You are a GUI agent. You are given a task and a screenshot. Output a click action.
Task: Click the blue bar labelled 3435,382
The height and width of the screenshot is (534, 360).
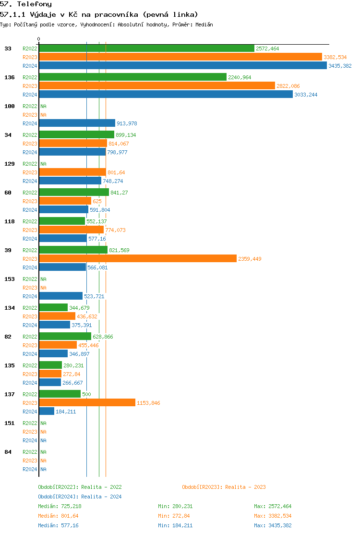tap(182, 66)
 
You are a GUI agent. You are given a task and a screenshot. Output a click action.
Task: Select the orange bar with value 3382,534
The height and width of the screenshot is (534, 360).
tap(180, 57)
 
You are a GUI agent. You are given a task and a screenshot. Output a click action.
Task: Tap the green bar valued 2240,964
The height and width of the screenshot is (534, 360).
tap(132, 77)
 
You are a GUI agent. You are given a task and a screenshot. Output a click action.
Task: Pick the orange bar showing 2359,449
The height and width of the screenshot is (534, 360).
tap(138, 259)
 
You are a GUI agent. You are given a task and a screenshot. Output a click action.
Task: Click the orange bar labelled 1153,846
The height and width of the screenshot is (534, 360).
tap(87, 403)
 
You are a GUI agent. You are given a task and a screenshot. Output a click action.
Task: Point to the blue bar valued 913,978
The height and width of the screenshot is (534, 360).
tap(77, 123)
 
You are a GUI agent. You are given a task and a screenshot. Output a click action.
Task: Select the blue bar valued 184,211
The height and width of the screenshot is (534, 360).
tap(47, 412)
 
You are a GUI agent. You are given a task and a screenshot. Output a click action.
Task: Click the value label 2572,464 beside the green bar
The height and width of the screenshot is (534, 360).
tap(267, 49)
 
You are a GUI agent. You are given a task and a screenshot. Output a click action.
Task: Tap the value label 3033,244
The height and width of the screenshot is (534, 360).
tap(306, 95)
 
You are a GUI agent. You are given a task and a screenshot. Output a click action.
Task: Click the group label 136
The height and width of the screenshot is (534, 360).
tap(9, 77)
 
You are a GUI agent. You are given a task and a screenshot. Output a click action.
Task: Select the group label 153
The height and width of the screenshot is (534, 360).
tap(9, 279)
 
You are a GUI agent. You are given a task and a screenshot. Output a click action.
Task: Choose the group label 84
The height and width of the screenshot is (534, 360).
tap(8, 452)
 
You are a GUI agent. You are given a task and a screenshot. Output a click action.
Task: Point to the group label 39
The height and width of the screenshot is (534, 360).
tap(8, 250)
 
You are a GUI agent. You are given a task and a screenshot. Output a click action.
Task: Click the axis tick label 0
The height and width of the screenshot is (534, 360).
tap(39, 39)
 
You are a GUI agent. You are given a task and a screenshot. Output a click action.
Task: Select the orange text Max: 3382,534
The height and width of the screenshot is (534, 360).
tap(273, 516)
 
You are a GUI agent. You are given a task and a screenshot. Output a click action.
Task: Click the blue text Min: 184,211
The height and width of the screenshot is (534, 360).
tap(175, 525)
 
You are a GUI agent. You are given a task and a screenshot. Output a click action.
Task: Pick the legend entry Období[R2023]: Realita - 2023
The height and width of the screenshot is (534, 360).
tap(224, 487)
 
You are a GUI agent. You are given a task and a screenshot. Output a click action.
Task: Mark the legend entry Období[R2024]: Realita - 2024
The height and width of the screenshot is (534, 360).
tap(80, 497)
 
